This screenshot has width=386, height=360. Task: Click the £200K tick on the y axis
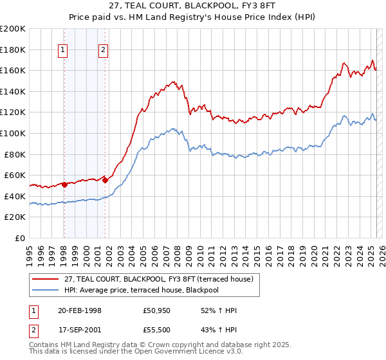pyautogui.click(x=13, y=29)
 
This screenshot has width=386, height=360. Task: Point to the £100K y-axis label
pyautogui.click(x=13, y=133)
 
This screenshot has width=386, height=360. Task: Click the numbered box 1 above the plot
pyautogui.click(x=63, y=51)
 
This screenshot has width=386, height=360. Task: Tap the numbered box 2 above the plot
pyautogui.click(x=104, y=51)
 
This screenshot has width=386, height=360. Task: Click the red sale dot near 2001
pyautogui.click(x=105, y=180)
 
